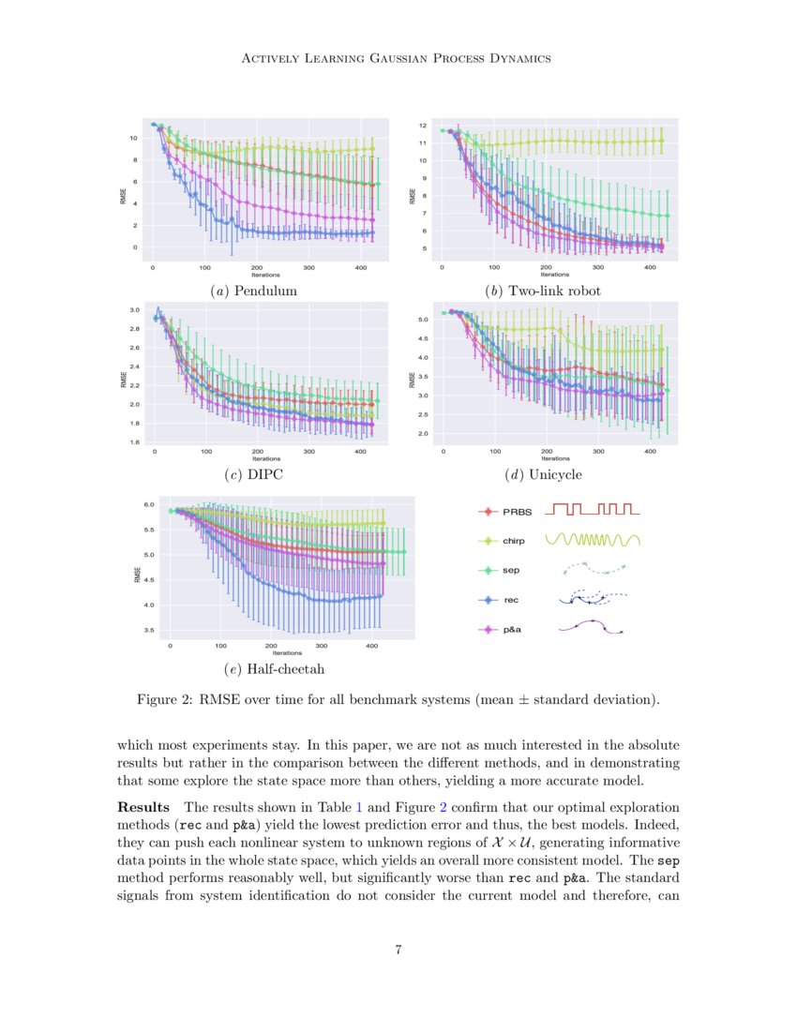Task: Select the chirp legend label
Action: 513,541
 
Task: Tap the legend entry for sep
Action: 511,570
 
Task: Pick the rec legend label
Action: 511,600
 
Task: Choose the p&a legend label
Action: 513,630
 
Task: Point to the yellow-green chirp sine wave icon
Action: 593,540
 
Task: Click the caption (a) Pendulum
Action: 255,291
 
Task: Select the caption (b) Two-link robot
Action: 543,291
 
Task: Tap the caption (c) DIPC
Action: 254,474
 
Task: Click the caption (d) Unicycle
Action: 543,474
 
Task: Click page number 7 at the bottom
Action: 398,950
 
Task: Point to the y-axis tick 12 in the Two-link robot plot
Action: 423,125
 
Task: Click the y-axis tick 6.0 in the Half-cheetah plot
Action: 147,504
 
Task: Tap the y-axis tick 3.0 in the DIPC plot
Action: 135,309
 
